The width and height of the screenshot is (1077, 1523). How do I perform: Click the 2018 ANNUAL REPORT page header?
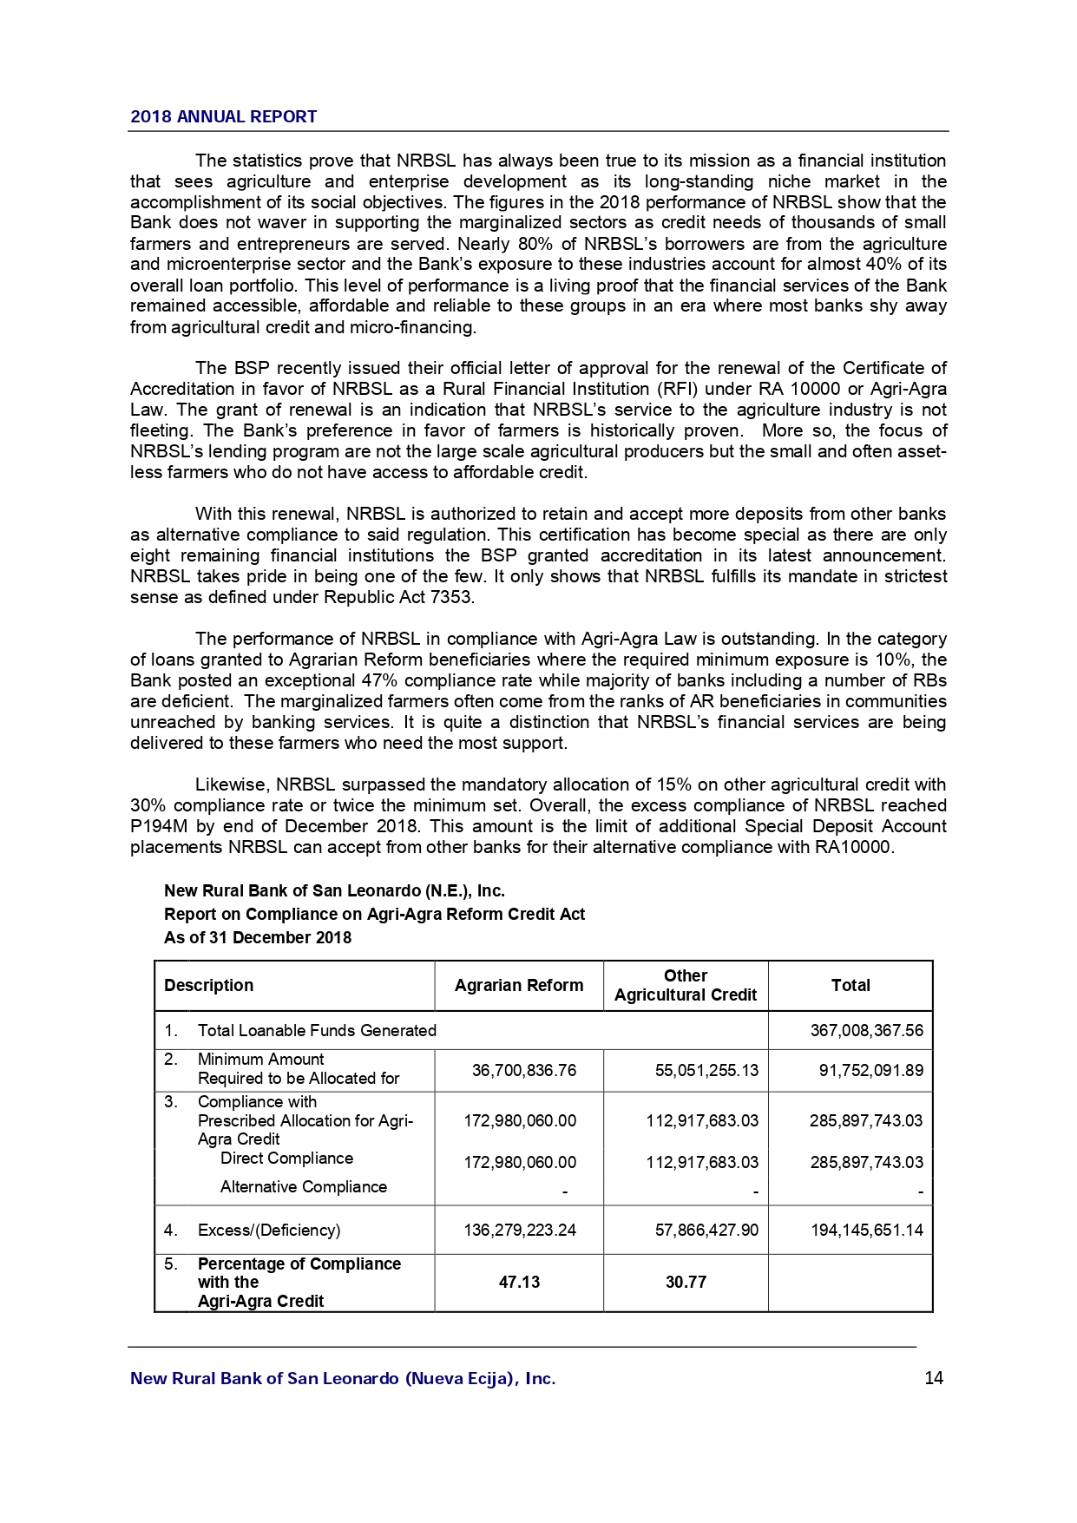click(x=223, y=117)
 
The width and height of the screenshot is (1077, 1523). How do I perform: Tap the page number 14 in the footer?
click(x=934, y=1378)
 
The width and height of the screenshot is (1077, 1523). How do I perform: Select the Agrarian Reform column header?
click(x=519, y=985)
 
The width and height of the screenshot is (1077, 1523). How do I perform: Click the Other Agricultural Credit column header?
click(x=686, y=985)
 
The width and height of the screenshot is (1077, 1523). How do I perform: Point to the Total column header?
click(x=850, y=985)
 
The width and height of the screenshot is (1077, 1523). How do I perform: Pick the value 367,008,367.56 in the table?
click(x=866, y=1030)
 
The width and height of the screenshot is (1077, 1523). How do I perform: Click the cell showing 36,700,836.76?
click(x=523, y=1070)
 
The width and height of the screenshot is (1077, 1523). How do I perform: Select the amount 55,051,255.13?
click(x=706, y=1070)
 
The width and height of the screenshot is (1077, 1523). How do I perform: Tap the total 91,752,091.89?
click(x=870, y=1070)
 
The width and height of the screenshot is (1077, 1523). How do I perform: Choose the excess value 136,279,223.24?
click(x=520, y=1230)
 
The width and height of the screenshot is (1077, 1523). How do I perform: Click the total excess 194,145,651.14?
click(x=866, y=1230)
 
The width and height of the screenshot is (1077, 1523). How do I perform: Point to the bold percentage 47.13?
click(x=519, y=1282)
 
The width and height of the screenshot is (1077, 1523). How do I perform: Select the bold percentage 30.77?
click(x=686, y=1282)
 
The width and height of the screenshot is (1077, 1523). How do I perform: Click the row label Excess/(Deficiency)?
click(x=269, y=1230)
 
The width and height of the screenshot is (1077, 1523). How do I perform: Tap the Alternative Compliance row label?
click(x=304, y=1186)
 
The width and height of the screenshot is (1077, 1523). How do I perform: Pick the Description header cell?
click(x=209, y=985)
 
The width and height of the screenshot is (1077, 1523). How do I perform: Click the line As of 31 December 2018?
click(x=258, y=937)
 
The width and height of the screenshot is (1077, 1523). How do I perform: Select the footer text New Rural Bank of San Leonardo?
click(x=343, y=1378)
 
